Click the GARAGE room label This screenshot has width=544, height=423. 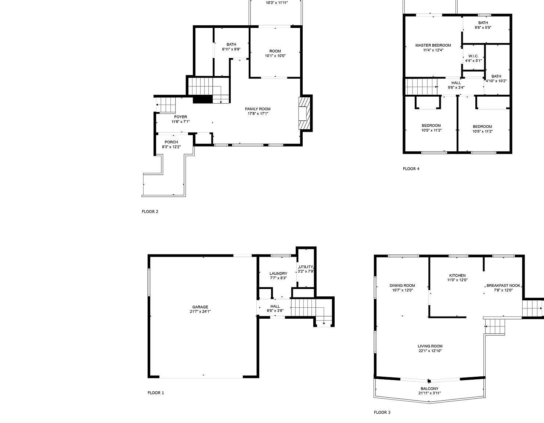[200, 307]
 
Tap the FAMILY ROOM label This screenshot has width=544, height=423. [257, 109]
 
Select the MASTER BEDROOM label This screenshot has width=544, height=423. [433, 45]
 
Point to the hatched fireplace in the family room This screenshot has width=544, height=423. [305, 113]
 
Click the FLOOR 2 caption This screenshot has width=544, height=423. [150, 211]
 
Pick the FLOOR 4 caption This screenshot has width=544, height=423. [411, 169]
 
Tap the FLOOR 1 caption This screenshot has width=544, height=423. [156, 393]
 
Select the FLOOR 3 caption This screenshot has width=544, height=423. [382, 412]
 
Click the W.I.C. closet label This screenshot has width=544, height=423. [473, 56]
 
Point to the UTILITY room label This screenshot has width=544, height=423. [306, 267]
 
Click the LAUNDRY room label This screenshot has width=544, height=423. [278, 274]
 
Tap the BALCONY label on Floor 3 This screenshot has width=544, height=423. [429, 388]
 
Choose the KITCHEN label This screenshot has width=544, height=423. [457, 275]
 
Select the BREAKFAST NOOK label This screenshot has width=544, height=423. [504, 285]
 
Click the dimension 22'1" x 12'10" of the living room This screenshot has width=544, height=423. [430, 351]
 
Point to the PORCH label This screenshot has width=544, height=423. [171, 142]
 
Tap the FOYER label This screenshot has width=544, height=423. [180, 117]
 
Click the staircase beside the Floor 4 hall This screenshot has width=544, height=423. [421, 87]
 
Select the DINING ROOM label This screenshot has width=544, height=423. [402, 285]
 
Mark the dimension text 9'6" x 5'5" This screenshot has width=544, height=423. [483, 28]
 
